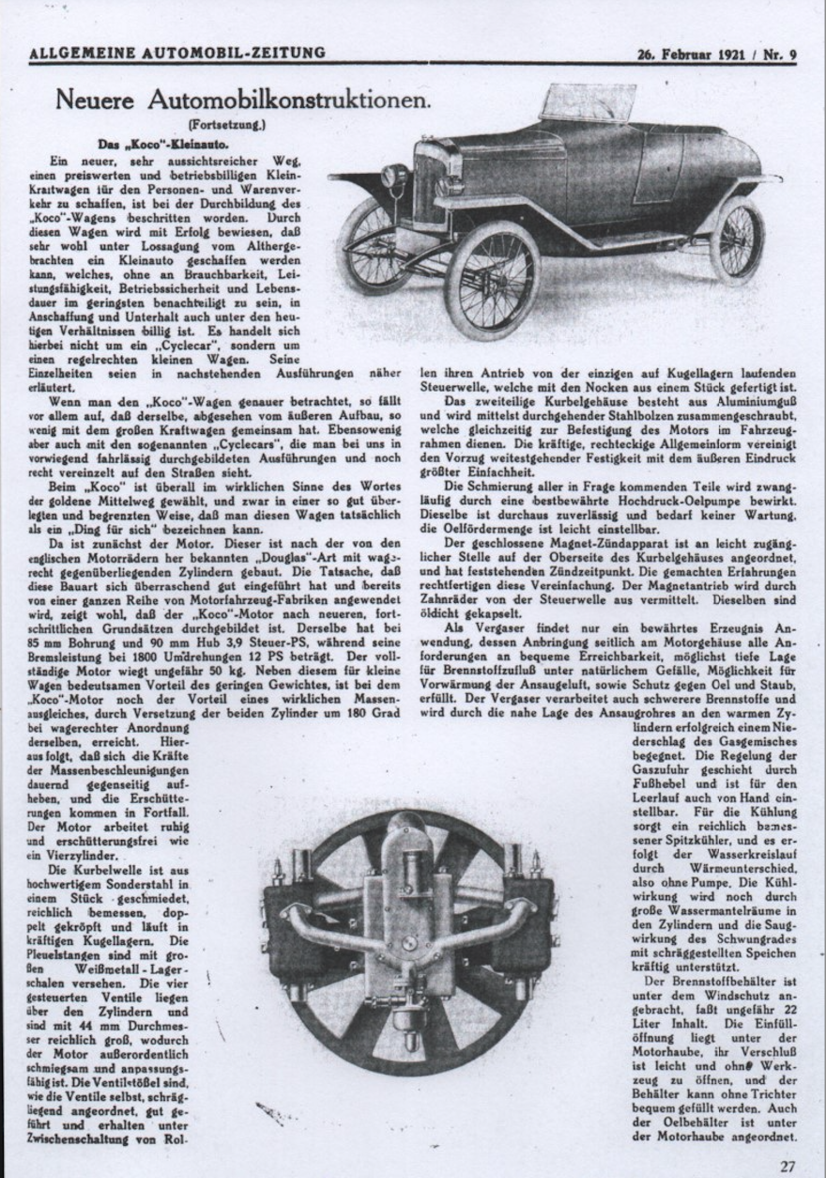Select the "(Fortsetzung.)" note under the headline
click(226, 124)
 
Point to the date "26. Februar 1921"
click(689, 54)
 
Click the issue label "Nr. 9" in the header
click(780, 54)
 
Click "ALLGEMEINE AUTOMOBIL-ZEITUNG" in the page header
click(177, 54)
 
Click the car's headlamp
click(394, 176)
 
